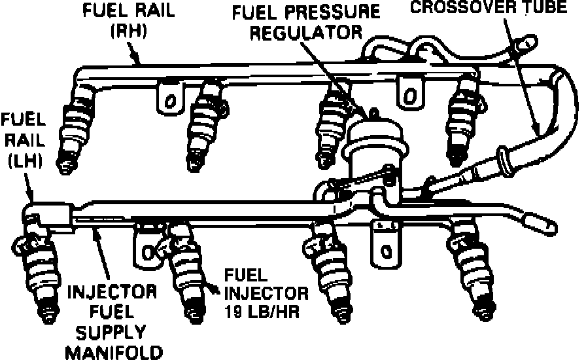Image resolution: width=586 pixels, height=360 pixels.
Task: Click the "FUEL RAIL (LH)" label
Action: click(22, 140)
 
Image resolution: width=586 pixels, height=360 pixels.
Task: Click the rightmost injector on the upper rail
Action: click(463, 118)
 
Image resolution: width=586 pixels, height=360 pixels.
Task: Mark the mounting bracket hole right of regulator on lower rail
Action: click(385, 249)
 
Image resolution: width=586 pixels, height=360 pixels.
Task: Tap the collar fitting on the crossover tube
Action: click(504, 161)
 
